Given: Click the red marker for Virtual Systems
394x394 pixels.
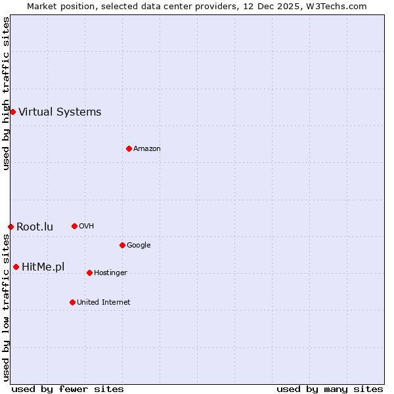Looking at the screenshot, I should (12, 112).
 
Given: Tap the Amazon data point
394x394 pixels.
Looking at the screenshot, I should (129, 148).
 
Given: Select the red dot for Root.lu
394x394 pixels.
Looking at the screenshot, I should (11, 227).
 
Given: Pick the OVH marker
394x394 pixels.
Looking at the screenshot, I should (74, 226).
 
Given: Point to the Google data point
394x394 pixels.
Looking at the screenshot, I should (122, 245).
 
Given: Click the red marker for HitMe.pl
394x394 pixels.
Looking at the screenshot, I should (16, 267).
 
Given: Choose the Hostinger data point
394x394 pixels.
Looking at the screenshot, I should (89, 273).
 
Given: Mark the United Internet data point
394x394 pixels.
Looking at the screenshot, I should (72, 302).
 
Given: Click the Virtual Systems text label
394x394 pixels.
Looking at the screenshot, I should (60, 112).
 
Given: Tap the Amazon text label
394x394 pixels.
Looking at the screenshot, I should (147, 148).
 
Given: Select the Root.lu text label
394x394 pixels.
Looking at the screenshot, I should (35, 227).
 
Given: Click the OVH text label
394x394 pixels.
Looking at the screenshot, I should (87, 226).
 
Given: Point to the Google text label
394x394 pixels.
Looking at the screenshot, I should (139, 245).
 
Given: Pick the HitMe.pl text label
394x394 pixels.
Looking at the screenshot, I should (43, 267).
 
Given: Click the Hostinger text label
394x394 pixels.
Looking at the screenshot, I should (110, 273).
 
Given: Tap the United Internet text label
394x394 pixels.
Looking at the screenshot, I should (104, 302).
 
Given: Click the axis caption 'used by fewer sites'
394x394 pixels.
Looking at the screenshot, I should (68, 389).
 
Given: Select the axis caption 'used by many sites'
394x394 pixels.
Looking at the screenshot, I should (330, 389).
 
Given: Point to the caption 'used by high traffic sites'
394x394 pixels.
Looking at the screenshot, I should (6, 93).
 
